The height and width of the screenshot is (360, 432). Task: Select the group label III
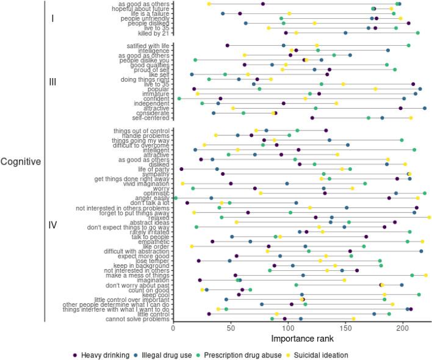(52, 82)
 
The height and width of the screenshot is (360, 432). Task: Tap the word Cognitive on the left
(20, 162)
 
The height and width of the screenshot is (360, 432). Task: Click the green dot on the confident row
(179, 98)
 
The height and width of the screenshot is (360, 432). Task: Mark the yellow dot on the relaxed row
(430, 217)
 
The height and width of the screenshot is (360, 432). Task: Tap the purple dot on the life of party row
(182, 169)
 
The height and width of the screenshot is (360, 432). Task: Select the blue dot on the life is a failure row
(223, 13)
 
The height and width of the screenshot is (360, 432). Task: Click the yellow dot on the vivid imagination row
(182, 183)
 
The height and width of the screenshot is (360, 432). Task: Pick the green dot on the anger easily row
(176, 198)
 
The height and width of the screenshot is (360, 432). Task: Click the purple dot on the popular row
(194, 89)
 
